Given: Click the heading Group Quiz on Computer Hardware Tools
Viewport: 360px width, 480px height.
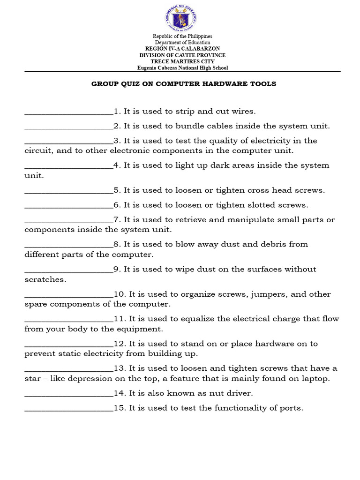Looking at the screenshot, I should tap(183, 84).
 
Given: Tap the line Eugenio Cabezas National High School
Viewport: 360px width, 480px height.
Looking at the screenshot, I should tap(182, 67).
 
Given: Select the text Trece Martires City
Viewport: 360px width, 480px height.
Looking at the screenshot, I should tap(182, 61).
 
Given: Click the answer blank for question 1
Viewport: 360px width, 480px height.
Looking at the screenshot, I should tap(68, 112).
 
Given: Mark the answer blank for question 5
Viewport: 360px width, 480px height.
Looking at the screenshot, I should tap(68, 191).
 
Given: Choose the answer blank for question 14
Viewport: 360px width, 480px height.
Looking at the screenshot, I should tap(68, 394).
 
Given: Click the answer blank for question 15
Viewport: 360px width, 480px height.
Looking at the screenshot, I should tap(68, 408).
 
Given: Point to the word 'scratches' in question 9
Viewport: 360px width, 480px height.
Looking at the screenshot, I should tap(45, 279).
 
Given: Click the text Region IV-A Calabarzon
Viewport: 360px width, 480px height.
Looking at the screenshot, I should tap(182, 49).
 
